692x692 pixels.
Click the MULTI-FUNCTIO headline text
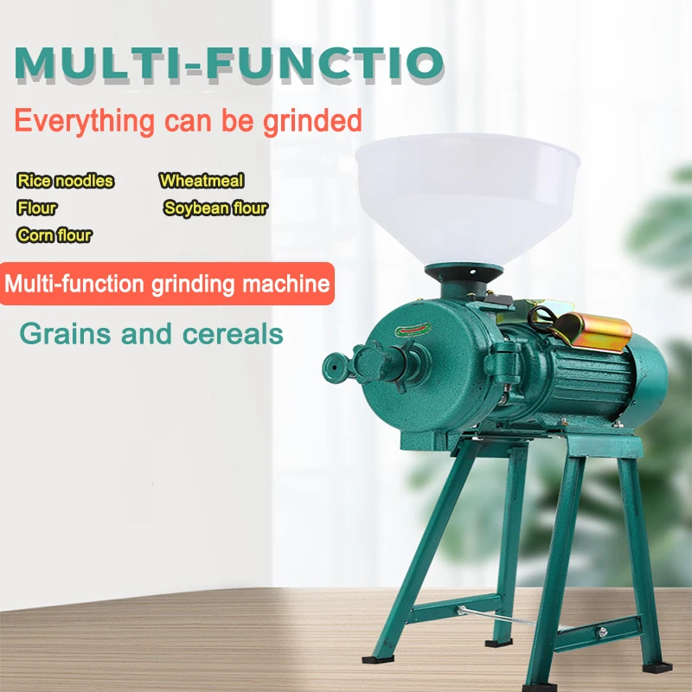pos(229,63)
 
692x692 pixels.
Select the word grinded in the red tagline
pos(312,121)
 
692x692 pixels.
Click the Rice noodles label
pos(66,181)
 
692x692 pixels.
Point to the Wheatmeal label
pos(202,181)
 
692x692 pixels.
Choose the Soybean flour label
pos(215,208)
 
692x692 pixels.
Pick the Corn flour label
pos(54,235)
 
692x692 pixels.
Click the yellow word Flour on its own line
pos(37,208)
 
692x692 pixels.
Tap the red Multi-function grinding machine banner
pos(167,284)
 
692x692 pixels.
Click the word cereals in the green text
pos(233,334)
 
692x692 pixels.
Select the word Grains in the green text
pos(66,334)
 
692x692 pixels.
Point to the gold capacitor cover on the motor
pos(592,331)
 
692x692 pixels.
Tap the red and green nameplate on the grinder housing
pos(413,330)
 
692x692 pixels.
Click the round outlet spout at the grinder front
pos(335,368)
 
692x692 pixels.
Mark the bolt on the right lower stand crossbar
pos(600,632)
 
